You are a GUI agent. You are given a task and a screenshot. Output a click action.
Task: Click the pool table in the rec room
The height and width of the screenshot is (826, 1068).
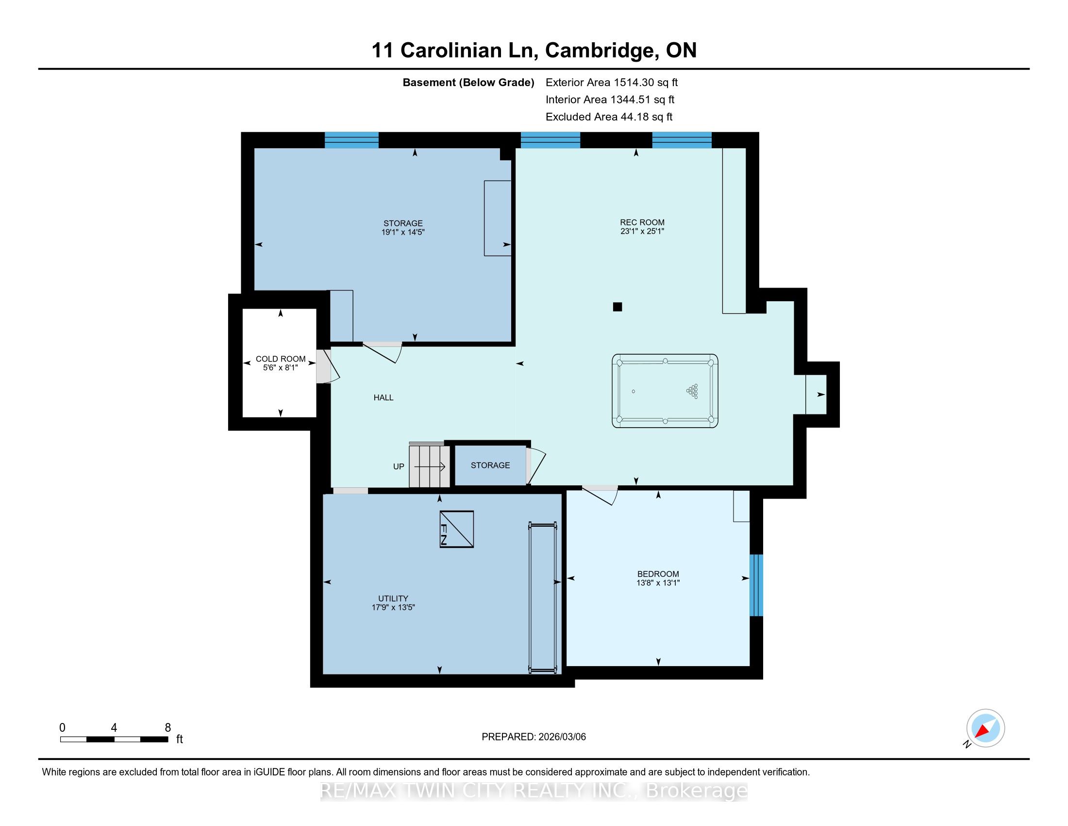(665, 391)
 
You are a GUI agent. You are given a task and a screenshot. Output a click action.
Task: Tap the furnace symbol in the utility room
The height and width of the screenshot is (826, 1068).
(457, 529)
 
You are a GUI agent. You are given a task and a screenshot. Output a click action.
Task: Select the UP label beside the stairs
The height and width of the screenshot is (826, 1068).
(399, 466)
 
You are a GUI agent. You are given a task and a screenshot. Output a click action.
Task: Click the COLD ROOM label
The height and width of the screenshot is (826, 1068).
(281, 359)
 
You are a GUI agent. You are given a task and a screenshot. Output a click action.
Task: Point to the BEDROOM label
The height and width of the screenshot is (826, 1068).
(658, 574)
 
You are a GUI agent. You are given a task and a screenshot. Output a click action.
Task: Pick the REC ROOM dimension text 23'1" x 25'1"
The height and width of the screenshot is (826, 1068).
(642, 231)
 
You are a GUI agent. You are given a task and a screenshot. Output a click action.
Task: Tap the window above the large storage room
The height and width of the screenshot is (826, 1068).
(351, 140)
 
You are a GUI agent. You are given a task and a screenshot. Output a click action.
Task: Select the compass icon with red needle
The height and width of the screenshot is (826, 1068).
(985, 728)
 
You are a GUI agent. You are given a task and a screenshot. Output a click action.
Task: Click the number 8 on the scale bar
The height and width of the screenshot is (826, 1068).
(168, 728)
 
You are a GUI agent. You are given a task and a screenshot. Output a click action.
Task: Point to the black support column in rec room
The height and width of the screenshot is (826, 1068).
(617, 307)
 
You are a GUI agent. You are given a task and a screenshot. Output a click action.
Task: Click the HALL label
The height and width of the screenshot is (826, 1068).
(384, 397)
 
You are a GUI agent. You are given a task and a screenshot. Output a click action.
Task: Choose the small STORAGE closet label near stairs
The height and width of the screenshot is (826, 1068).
(490, 465)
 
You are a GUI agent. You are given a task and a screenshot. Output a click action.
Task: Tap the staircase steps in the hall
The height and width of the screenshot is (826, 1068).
(429, 465)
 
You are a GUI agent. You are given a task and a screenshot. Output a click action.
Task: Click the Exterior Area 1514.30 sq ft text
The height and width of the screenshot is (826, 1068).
(612, 82)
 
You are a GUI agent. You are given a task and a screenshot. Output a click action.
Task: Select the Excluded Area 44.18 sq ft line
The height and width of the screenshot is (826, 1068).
(609, 117)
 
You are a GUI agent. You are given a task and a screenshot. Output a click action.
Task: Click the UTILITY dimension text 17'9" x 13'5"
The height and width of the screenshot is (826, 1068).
(393, 607)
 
